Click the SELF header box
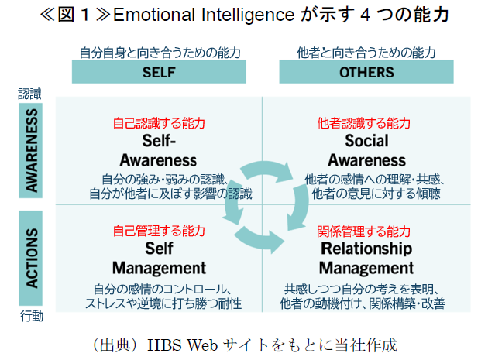tap(160, 72)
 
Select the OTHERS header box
tap(366, 72)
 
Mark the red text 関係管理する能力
tap(366, 231)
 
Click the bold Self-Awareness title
tap(160, 151)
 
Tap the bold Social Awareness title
tap(366, 151)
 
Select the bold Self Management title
tap(160, 258)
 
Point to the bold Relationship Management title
tap(366, 258)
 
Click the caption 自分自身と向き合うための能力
tap(160, 53)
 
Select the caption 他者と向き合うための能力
tap(366, 53)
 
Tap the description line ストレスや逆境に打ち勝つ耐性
tap(163, 302)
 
